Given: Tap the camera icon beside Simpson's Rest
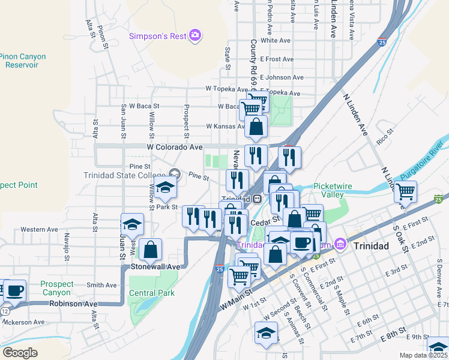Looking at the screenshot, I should pos(194,36).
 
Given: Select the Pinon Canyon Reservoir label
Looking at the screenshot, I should pos(22,61).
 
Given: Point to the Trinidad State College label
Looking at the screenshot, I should pos(125,175).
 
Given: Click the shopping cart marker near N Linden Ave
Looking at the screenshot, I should pos(406,193).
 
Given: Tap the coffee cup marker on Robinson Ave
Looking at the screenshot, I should pos(15,291).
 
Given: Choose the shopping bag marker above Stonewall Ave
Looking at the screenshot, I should pos(150,250).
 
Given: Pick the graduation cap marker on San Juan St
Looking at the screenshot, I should pos(132,224).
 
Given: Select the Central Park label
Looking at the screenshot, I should pos(151,293).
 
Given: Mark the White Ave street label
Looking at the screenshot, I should pos(276,41).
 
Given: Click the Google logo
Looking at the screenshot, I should pos(20,352).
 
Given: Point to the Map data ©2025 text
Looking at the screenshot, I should pos(424,355).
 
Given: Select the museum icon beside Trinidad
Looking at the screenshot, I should pos(340,245).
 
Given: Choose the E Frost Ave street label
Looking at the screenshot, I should pos(277,59).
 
